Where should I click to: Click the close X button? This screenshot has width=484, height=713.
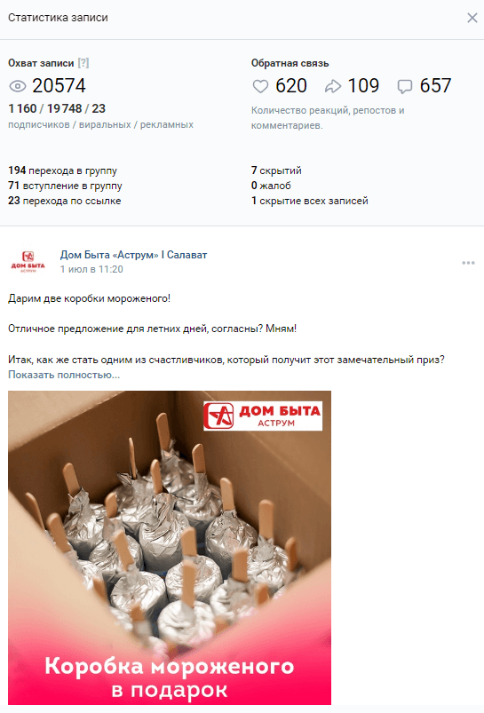[472, 18]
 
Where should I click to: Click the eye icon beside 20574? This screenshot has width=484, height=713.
[18, 86]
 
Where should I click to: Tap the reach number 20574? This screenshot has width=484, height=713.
[59, 85]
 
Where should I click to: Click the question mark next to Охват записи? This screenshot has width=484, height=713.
[83, 63]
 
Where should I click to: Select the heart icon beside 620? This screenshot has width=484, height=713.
[261, 86]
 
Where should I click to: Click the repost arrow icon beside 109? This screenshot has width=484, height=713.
[333, 86]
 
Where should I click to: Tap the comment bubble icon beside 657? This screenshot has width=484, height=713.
[405, 86]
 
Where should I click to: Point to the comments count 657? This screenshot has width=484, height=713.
[435, 85]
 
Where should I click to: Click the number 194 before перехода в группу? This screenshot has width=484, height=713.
[17, 170]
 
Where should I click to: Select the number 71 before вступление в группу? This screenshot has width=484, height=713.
[13, 186]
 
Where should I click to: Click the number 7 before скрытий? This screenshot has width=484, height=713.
[254, 170]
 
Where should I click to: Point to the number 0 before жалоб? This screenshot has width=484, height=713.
[254, 186]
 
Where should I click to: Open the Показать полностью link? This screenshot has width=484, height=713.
[64, 375]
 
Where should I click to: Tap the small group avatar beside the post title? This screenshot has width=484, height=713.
[28, 261]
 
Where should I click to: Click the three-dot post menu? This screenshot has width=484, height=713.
[468, 263]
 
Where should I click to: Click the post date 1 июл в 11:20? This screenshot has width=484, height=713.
[91, 269]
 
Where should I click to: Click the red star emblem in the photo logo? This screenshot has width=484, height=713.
[218, 416]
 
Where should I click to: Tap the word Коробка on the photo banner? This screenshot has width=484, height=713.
[95, 666]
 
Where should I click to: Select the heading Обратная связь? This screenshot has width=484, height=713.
[290, 63]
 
